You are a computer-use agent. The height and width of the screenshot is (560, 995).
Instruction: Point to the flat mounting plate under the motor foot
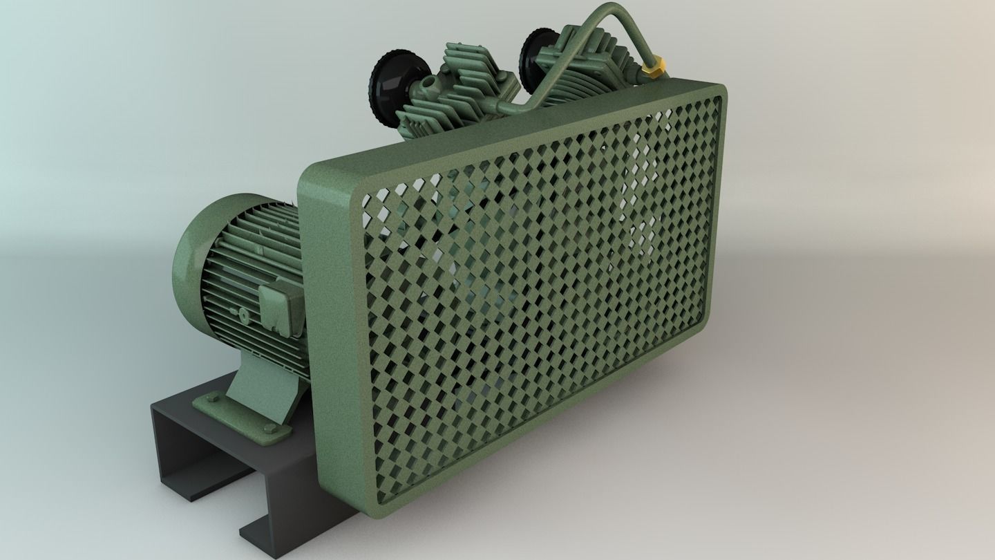235,415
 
